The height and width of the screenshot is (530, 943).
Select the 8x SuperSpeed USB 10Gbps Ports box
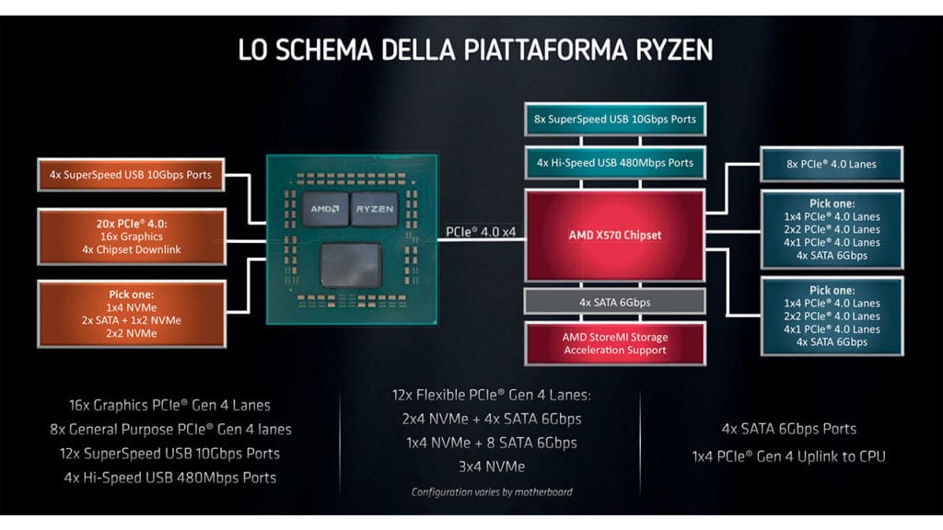point(615,120)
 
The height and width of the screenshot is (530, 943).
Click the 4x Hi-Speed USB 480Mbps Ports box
point(615,163)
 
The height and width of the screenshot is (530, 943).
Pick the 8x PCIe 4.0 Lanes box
point(832,164)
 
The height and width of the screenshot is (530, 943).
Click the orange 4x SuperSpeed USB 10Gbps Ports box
point(132,175)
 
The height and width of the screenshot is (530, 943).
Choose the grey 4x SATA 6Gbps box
point(615,300)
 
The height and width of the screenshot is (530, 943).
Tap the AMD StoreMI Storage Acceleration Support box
point(615,343)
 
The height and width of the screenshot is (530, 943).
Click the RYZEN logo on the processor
point(373,209)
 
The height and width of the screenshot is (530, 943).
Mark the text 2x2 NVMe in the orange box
point(132,332)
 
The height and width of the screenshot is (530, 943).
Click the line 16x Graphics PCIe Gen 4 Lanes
point(169,405)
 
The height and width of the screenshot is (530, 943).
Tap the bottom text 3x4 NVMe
point(491,467)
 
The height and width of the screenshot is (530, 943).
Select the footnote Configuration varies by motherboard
point(491,492)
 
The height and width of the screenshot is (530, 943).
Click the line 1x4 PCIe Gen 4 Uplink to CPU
point(788,456)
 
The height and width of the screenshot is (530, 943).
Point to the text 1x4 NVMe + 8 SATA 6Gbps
point(491,443)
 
